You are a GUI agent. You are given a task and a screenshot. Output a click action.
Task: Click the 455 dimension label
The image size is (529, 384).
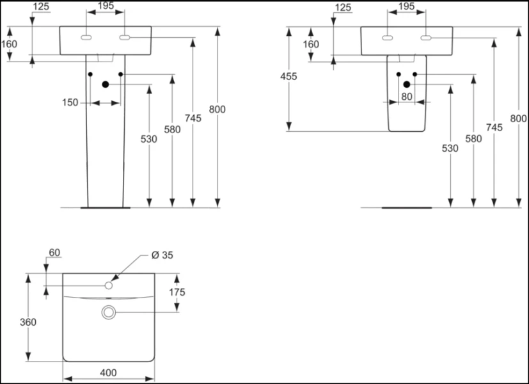point(288,77)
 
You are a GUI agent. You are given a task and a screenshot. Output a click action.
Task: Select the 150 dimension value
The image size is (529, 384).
point(70,102)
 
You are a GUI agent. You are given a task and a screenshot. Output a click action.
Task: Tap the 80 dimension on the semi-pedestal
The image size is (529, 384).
point(407,97)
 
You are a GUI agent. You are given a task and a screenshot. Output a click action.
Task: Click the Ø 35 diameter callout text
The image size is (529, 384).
point(162,255)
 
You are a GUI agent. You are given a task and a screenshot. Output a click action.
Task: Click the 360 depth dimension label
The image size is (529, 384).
point(28,322)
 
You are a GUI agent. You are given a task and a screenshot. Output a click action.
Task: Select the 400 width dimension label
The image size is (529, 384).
point(109,372)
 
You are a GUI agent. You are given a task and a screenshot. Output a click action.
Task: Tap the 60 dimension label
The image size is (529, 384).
point(54,253)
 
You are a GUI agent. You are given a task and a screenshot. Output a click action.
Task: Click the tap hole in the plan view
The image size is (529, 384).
point(109,285)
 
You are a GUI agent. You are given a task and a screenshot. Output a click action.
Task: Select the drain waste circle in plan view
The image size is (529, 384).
point(109,312)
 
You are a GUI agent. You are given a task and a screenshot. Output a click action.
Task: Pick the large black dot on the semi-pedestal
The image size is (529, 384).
point(407,84)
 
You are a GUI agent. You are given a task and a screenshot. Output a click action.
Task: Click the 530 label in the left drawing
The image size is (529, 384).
point(149,138)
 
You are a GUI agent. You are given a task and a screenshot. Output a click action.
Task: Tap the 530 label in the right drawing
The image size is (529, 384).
point(450,148)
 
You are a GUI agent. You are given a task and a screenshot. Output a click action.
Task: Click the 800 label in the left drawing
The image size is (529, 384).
point(217,109)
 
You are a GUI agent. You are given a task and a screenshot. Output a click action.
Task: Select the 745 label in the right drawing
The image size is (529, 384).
point(494,127)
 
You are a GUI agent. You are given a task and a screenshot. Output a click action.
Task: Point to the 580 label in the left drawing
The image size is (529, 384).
point(172,129)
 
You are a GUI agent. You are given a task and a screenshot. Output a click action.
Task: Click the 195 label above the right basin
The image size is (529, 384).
point(406,6)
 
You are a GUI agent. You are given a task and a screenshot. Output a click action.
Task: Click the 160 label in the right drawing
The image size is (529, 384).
point(310,44)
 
